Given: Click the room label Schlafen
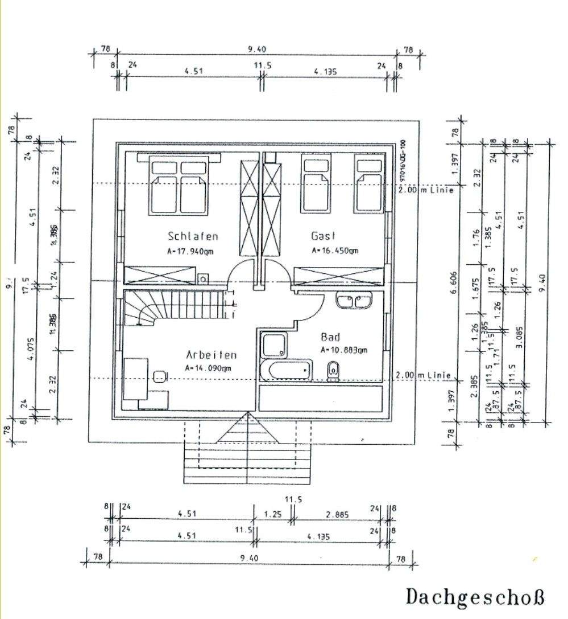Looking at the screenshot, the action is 193,236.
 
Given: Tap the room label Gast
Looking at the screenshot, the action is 324,236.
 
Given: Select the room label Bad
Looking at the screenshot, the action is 330,337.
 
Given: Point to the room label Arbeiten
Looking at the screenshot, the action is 211,355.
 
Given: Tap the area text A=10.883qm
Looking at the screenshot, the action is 344,350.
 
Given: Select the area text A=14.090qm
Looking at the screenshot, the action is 208,368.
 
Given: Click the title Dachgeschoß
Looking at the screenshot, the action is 475,597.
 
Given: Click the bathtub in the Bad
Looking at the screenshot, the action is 287,371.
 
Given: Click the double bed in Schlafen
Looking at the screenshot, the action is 179,185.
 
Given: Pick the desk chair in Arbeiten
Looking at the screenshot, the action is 160,376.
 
